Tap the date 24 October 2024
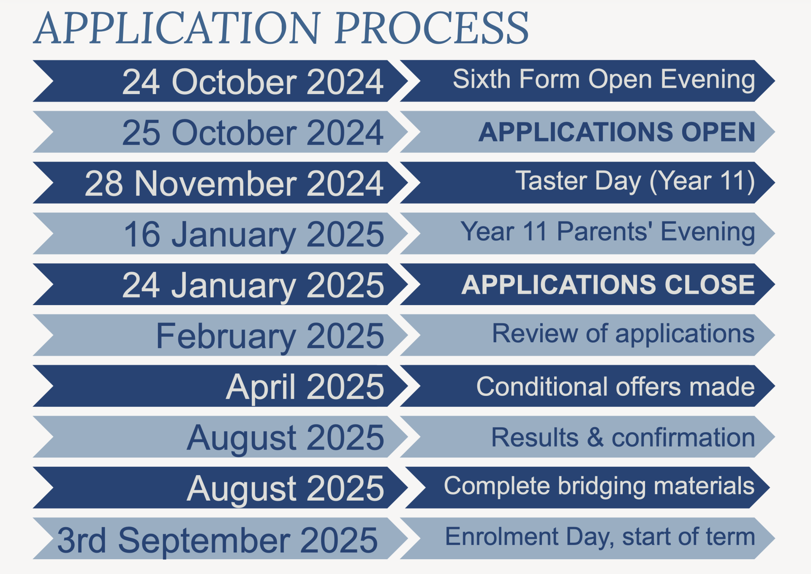[253, 81]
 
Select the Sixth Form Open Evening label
[604, 80]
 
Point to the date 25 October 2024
[253, 133]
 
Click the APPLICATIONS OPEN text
[617, 132]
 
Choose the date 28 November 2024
[234, 184]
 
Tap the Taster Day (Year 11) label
[635, 181]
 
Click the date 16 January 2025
[254, 235]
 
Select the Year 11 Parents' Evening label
[608, 232]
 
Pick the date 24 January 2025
[253, 286]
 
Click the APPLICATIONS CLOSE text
[608, 284]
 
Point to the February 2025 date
[270, 337]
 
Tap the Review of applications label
[623, 334]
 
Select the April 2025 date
[305, 387]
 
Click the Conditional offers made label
[615, 387]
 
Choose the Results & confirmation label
[623, 437]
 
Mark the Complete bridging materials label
[599, 486]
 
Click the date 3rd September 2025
[218, 541]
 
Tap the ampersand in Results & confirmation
[595, 437]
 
